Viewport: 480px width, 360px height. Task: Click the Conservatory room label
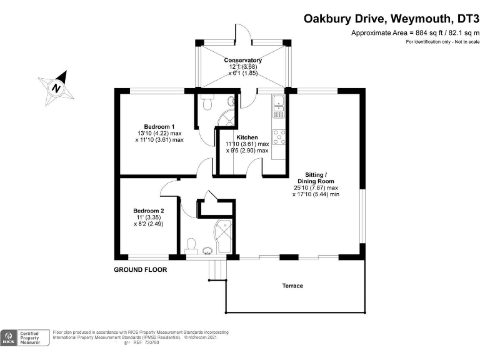click(242, 60)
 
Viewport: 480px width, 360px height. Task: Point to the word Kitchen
click(247, 137)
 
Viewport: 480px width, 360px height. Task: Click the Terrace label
click(292, 286)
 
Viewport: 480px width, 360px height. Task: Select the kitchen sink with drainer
click(279, 106)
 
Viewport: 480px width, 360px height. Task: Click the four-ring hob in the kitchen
click(279, 137)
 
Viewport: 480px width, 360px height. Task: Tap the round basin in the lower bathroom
click(208, 251)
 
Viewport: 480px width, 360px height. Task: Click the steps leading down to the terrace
click(216, 270)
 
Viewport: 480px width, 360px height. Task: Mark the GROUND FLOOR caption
click(138, 270)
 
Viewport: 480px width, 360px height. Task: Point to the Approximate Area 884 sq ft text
click(415, 32)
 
